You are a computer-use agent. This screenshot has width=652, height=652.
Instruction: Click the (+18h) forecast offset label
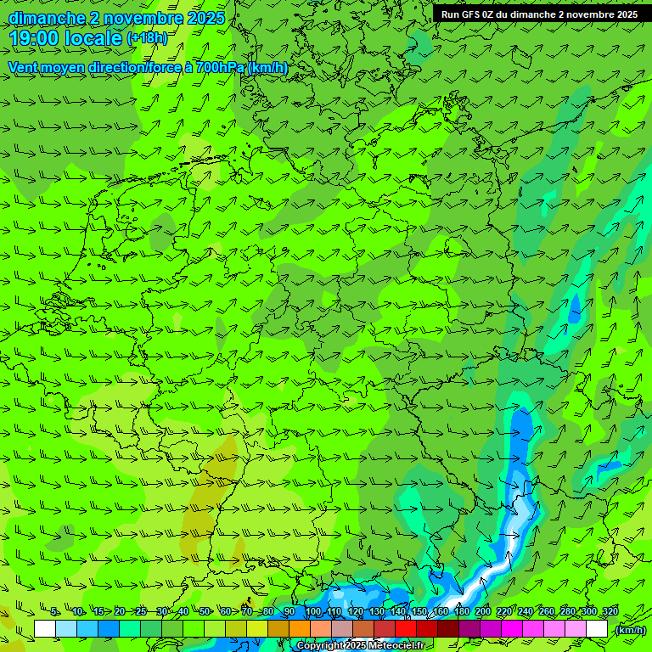coord(147,38)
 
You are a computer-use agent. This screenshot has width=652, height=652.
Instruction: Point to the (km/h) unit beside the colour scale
coord(630,630)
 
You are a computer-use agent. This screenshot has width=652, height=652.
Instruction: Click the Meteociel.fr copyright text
coord(361,646)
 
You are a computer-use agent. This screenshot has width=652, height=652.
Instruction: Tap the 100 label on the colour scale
coord(312,612)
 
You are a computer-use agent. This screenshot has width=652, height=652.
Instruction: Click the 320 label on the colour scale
coord(610,612)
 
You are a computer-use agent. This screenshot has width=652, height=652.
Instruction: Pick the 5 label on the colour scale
coord(54,612)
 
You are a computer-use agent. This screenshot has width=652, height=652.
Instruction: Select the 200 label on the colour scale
coord(482,612)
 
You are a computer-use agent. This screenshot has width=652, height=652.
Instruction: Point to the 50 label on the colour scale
coord(205,612)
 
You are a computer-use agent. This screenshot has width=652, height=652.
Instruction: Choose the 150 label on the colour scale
coord(419,612)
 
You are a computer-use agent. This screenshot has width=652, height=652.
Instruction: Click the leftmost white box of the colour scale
coord(45,629)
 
